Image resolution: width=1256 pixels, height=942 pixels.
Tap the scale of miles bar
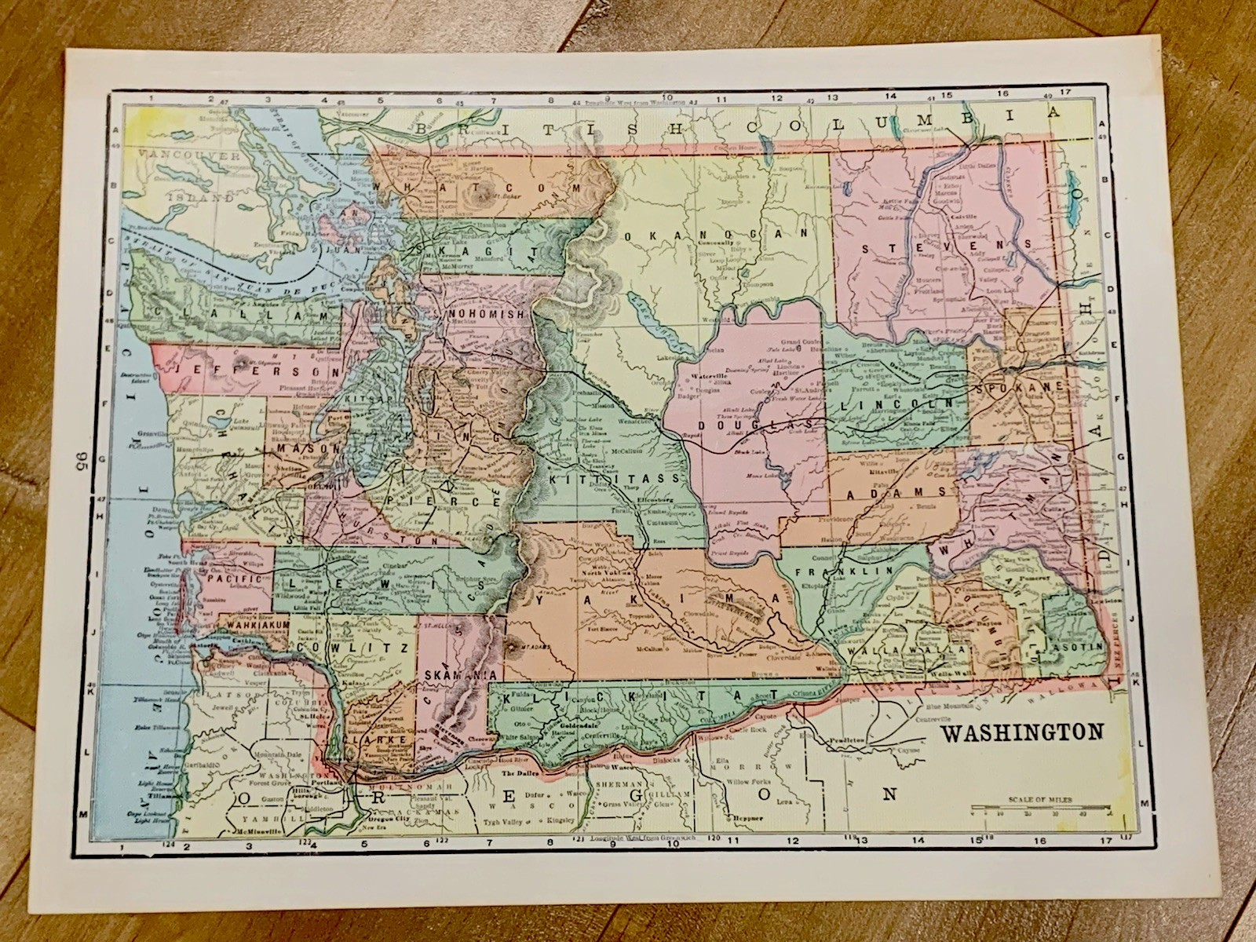tap(1041, 808)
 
